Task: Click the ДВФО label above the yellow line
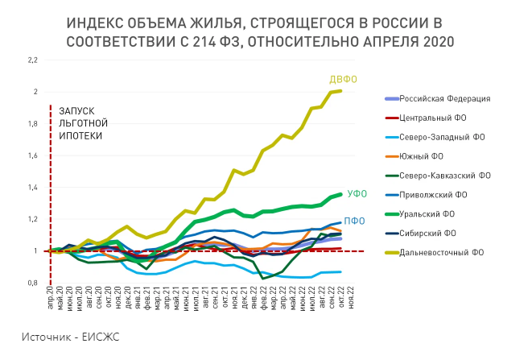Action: pyautogui.click(x=342, y=79)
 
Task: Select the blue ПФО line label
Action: pyautogui.click(x=355, y=221)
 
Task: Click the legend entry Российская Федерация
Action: pyautogui.click(x=445, y=98)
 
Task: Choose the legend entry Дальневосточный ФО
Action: pyautogui.click(x=442, y=251)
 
